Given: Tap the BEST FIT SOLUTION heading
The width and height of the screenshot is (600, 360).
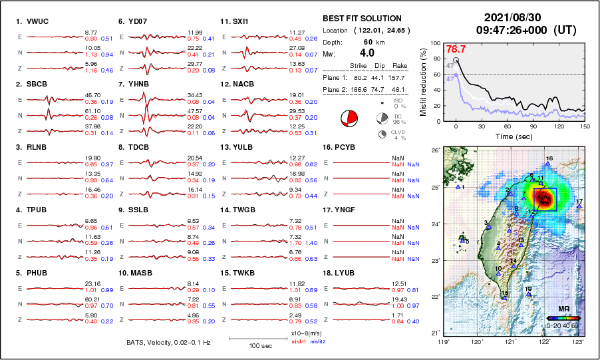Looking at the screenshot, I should [x=362, y=18].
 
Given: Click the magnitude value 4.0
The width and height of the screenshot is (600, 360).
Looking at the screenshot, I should [x=367, y=53].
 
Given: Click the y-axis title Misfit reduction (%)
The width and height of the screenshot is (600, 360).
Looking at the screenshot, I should [x=423, y=83].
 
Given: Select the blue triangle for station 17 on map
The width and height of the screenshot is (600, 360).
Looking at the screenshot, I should [x=579, y=206].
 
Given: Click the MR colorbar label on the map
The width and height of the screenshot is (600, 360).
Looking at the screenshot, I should [x=563, y=309].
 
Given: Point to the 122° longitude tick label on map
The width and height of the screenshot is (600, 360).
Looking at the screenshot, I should [x=545, y=342].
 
